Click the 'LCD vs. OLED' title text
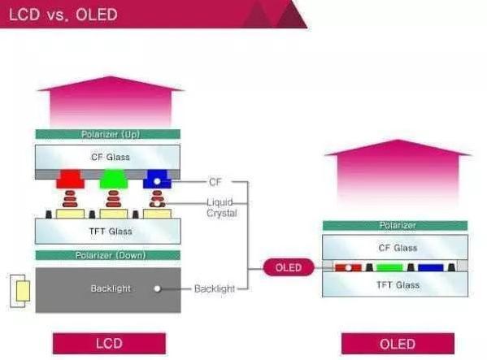point(63,15)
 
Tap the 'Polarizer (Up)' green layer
point(108,134)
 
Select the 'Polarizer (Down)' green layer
point(108,255)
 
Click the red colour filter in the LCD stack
point(71,179)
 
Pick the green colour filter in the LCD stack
point(113,179)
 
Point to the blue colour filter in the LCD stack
point(157,179)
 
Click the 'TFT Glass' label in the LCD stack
point(111,232)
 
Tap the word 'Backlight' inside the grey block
point(111,288)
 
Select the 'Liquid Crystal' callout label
point(222,207)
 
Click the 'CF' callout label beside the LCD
point(215,182)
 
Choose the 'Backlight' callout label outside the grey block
point(215,288)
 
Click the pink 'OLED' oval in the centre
point(289,267)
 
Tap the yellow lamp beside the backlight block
point(23,291)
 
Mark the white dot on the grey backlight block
point(157,289)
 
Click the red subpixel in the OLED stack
point(348,267)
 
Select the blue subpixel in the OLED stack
point(430,267)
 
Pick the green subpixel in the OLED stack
point(389,267)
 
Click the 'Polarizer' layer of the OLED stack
point(395,225)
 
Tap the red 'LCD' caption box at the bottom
point(109,344)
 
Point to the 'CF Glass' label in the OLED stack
point(398,248)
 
